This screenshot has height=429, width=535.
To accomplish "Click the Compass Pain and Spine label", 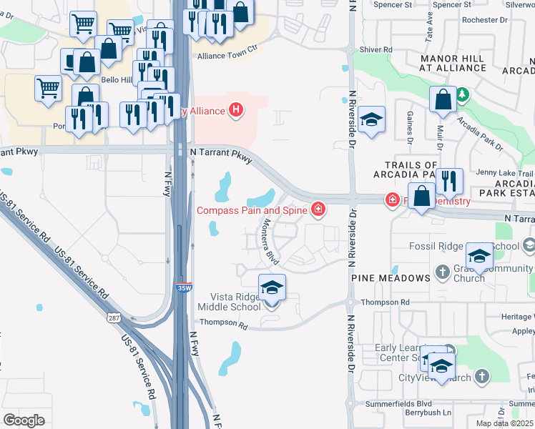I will point(252,210).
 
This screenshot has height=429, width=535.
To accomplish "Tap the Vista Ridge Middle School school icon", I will point(272,288).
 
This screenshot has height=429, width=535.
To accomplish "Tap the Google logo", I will point(24,420).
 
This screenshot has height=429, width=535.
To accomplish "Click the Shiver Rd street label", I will point(377,49).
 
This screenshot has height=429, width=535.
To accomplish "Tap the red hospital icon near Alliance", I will point(236,110).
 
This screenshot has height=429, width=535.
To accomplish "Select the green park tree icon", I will point(463,94).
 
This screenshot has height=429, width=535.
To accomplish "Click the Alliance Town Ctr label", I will point(227,54).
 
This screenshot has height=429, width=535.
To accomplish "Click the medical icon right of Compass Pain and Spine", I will point(318,210).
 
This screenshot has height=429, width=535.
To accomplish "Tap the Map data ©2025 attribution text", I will point(505,423).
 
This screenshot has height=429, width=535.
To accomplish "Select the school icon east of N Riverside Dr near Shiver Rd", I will point(372,119).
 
